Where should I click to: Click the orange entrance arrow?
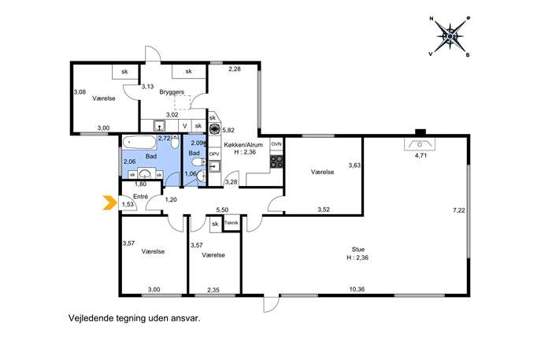110,202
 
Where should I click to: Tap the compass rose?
450,36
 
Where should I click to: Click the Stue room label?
358,249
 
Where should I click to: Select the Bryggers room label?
172,92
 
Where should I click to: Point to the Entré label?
140,196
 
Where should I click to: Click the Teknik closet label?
232,223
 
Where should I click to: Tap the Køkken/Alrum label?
243,145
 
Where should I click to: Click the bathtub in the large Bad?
139,143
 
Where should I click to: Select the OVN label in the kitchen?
276,144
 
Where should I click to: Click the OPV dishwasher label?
214,154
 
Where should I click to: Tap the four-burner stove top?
276,161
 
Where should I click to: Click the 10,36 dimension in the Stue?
357,289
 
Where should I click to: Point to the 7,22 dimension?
459,210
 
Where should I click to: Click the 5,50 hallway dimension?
223,210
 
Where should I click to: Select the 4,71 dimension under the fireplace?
421,155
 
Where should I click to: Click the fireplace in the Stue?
420,143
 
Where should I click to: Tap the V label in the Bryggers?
185,126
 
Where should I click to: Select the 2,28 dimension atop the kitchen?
234,69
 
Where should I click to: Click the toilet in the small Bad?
198,161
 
